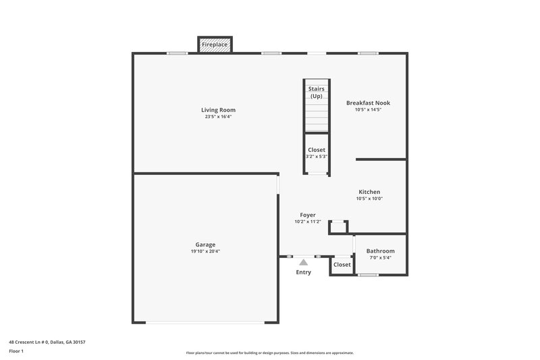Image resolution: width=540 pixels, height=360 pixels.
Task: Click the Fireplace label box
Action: [215, 45]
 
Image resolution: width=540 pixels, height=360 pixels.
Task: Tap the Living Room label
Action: [218, 109]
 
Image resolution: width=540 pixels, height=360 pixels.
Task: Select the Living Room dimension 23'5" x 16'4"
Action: [218, 117]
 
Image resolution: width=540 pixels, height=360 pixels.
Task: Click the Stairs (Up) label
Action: [316, 93]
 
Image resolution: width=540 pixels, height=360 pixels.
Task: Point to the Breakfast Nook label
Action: [368, 103]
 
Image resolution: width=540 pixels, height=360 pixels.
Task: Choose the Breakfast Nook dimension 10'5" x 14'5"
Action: [368, 109]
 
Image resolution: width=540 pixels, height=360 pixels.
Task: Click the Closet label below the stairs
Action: [316, 149]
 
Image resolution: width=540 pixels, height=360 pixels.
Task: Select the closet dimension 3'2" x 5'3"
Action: [316, 156]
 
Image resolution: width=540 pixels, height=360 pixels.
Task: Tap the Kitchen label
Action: [369, 192]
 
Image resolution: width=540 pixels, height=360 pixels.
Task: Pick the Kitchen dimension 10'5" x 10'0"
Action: [369, 199]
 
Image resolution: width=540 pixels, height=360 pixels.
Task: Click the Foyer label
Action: [308, 215]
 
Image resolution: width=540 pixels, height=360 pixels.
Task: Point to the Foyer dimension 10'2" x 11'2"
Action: [308, 222]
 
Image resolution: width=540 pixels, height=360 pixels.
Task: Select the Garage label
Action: [205, 244]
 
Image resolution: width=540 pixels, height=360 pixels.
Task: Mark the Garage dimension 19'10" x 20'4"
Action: [205, 251]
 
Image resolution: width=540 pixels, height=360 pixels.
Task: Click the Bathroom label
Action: [380, 251]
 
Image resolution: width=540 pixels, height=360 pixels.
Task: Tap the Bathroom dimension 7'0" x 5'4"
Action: [380, 257]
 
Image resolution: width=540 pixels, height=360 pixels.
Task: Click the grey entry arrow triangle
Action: [304, 261]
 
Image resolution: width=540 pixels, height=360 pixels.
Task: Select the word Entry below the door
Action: [304, 272]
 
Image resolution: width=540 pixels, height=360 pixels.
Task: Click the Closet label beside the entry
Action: [342, 264]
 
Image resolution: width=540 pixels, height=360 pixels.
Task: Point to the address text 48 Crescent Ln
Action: [47, 342]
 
